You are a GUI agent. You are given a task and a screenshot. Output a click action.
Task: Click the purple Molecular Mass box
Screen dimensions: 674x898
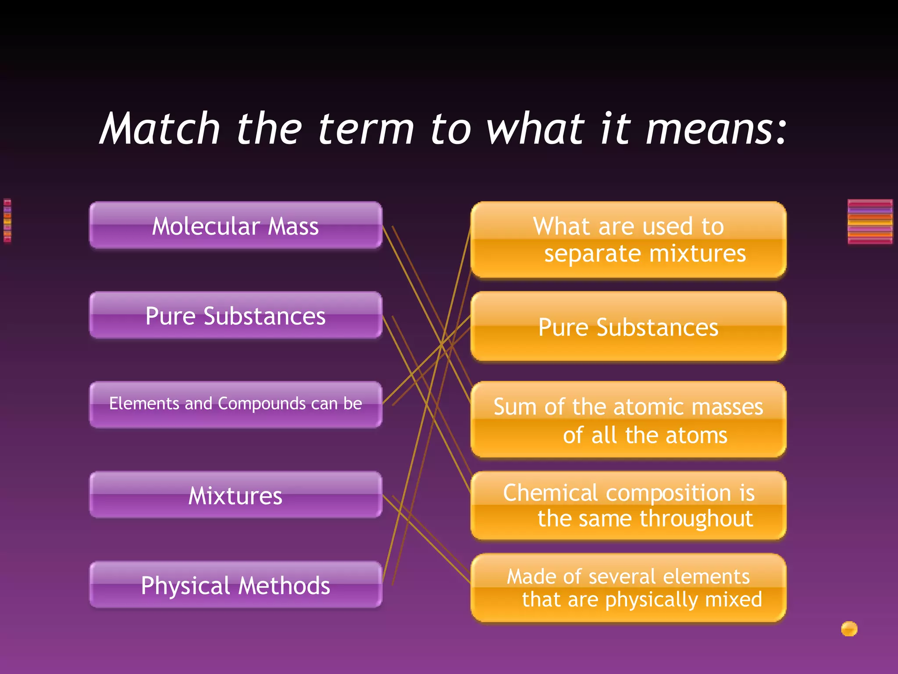tap(235, 226)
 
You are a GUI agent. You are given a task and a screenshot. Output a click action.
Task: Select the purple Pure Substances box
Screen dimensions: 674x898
tap(235, 315)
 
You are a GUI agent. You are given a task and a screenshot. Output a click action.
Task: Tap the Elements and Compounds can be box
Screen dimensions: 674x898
tap(235, 404)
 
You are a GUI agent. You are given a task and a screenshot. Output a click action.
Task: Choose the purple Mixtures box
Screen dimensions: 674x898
tap(235, 495)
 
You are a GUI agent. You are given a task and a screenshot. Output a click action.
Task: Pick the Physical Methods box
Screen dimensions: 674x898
tap(235, 585)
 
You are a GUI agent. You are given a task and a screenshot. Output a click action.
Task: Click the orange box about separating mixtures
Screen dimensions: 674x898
tap(628, 240)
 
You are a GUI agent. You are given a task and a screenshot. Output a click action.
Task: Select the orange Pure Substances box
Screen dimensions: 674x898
tap(628, 327)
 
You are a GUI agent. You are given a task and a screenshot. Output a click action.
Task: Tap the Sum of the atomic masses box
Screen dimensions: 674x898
tap(628, 420)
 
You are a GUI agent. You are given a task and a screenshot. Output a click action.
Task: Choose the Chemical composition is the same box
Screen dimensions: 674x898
tap(628, 505)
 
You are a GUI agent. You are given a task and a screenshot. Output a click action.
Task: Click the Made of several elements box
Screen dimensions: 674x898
tap(628, 588)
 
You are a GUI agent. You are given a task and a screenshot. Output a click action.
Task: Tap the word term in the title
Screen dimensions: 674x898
tap(366, 129)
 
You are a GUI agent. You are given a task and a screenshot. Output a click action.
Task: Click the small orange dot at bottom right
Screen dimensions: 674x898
tap(849, 629)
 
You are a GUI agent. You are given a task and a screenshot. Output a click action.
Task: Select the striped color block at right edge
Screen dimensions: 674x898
tap(869, 222)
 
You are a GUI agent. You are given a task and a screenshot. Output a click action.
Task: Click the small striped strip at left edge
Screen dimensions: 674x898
tap(7, 221)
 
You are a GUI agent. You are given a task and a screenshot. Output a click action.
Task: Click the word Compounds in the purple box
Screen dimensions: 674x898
tap(262, 404)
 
